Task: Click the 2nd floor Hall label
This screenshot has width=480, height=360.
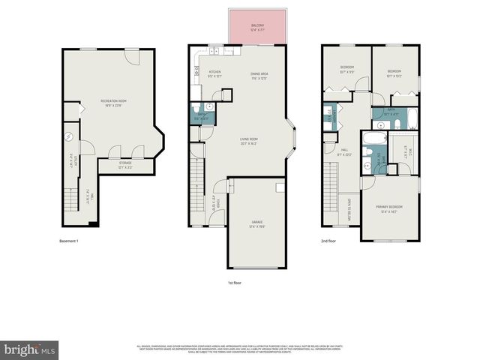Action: [x=344, y=151]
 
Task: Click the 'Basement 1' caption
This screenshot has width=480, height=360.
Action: [x=69, y=241]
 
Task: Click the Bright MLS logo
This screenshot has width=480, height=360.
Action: [x=29, y=350]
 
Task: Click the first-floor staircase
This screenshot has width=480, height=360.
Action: [x=198, y=191]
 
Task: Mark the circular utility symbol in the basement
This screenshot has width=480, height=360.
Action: [x=67, y=136]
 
